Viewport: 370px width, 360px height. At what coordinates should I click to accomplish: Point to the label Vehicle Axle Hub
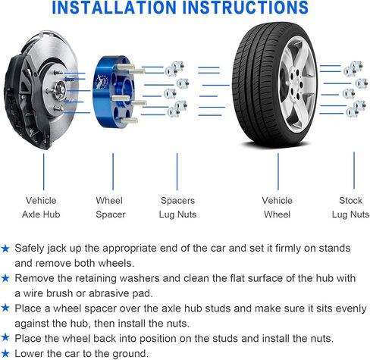41,208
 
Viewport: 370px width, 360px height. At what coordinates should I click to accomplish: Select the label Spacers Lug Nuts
178,208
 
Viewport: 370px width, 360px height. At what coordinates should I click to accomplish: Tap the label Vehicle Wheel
277,208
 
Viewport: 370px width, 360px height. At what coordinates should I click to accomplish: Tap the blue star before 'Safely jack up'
6,248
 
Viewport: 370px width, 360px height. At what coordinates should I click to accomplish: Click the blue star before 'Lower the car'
6,353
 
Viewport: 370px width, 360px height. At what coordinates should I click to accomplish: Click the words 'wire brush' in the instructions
52,293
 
